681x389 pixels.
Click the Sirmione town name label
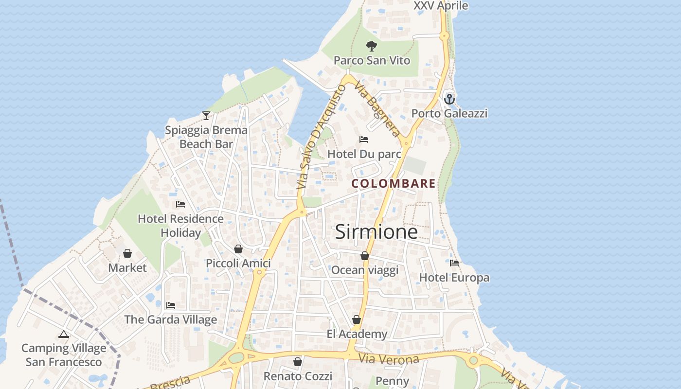(376, 232)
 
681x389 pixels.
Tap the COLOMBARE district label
(394, 184)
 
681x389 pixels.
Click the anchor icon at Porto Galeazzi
(449, 99)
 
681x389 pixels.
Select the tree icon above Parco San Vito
(372, 47)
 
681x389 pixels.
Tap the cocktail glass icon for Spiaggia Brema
(206, 116)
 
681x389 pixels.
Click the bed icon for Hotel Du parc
(364, 140)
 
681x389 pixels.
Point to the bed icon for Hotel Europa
(454, 263)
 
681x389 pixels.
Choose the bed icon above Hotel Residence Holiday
(180, 204)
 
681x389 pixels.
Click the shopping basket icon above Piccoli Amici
(238, 249)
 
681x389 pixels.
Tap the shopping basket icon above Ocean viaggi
(365, 256)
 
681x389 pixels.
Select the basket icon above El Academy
(357, 319)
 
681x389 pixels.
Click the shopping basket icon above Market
(127, 253)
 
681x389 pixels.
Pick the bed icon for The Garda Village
(170, 305)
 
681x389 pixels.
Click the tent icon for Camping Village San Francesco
(63, 334)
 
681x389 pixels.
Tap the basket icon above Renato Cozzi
(298, 362)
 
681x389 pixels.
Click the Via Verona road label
(389, 359)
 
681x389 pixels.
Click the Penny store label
(393, 381)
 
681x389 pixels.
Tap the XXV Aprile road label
(441, 6)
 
